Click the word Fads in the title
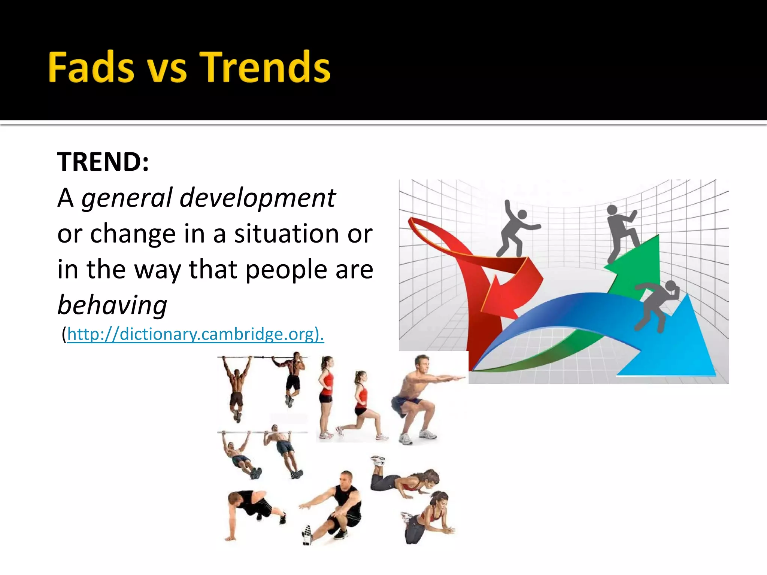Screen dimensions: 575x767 [x=91, y=67]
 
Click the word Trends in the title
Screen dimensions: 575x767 [x=265, y=67]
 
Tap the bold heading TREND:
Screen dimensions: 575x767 [x=103, y=162]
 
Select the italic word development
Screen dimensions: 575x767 [x=258, y=198]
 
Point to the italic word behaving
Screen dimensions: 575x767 [x=112, y=305]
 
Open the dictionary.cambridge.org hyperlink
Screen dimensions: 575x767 [x=195, y=334]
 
